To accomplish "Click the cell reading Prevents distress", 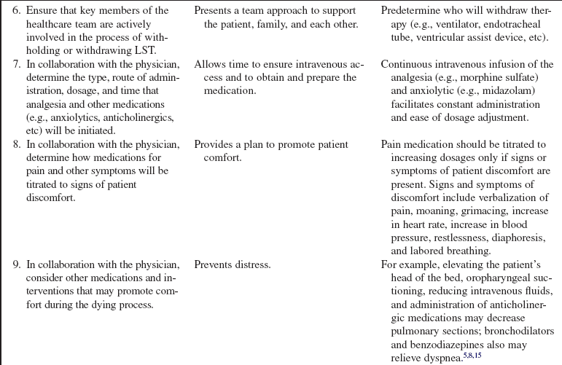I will pyautogui.click(x=232, y=265).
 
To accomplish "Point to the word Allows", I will pyautogui.click(x=211, y=65).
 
